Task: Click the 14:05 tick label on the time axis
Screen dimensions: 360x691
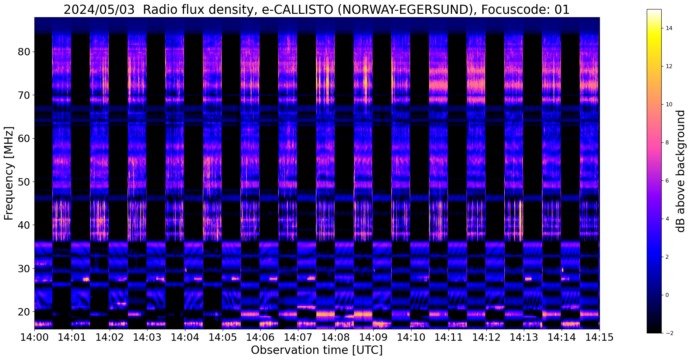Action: point(222,337)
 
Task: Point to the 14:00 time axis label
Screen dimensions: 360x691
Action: point(34,337)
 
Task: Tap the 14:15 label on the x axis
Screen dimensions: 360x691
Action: point(599,337)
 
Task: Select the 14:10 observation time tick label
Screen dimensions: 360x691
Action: point(410,337)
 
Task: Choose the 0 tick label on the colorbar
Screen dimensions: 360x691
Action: point(666,295)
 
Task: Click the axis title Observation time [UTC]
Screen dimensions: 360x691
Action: point(317,350)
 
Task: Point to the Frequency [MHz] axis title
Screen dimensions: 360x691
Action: point(9,173)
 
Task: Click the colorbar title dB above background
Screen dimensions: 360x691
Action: point(681,171)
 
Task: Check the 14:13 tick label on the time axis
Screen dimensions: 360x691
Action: point(524,337)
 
